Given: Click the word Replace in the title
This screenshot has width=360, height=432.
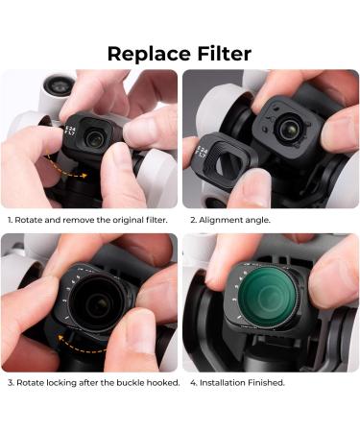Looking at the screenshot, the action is [x=149, y=54].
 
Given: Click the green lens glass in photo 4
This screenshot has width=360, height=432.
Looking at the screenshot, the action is [x=267, y=296].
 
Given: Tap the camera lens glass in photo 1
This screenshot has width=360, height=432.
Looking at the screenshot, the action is [x=94, y=137].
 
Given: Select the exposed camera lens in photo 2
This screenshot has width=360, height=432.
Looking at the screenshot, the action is [x=287, y=129].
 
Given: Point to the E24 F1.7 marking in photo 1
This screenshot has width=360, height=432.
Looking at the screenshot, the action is [x=69, y=132].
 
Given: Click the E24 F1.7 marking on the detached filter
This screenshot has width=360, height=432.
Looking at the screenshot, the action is [x=202, y=152].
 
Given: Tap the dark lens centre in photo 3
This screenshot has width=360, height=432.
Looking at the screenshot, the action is [x=95, y=305].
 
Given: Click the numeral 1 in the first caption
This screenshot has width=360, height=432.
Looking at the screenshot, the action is [x=10, y=220].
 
